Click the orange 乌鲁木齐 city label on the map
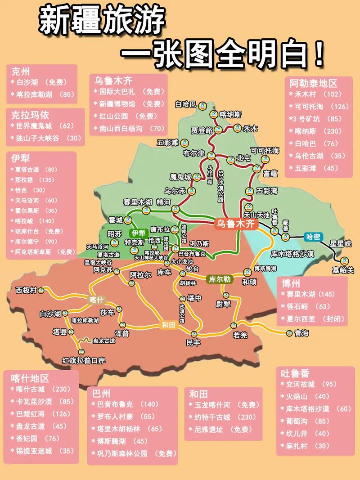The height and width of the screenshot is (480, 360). coord(235,224)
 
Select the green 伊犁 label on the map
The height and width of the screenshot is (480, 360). coord(138,233)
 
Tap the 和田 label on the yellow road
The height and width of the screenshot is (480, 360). coord(167,325)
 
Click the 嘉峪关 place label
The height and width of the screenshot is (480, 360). coord(343,270)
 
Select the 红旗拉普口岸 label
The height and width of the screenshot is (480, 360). coord(83,360)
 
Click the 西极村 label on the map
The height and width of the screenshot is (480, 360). coord(26,290)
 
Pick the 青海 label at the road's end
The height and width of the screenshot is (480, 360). coord(301,333)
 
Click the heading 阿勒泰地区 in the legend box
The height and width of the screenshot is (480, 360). coord(313,83)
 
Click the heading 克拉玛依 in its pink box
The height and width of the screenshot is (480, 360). coord(30,115)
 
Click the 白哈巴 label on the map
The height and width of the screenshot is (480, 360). coord(185,104)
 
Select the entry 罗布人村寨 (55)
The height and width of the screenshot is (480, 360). coord(123,416)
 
